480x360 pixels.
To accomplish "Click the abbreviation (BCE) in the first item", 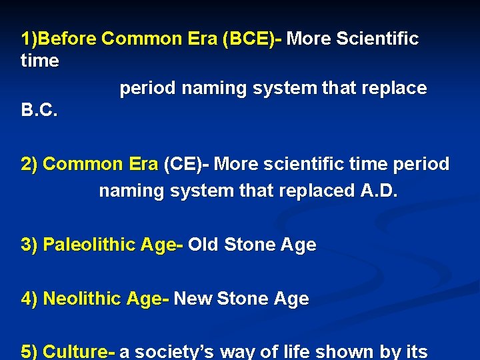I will click(249, 39).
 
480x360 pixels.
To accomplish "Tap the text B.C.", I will click(39, 111).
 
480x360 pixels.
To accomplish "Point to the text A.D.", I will click(379, 191).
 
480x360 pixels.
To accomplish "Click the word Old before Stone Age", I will click(203, 245).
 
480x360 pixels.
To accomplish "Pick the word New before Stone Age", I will click(193, 299).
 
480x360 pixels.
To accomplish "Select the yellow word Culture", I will click(75, 351).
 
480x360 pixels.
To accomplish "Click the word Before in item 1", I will click(68, 39).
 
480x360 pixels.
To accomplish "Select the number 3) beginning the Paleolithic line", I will click(29, 245).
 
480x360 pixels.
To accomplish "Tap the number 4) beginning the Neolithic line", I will click(29, 299).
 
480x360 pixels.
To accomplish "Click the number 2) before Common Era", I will click(29, 164).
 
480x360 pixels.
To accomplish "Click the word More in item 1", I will click(309, 39).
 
